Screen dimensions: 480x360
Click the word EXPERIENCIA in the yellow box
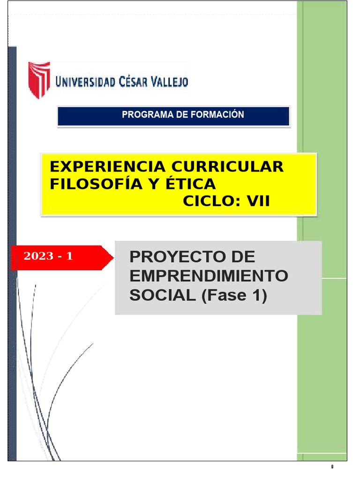click(108, 166)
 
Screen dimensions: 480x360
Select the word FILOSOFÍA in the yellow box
click(89, 184)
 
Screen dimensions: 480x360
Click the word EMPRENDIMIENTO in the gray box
click(209, 276)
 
